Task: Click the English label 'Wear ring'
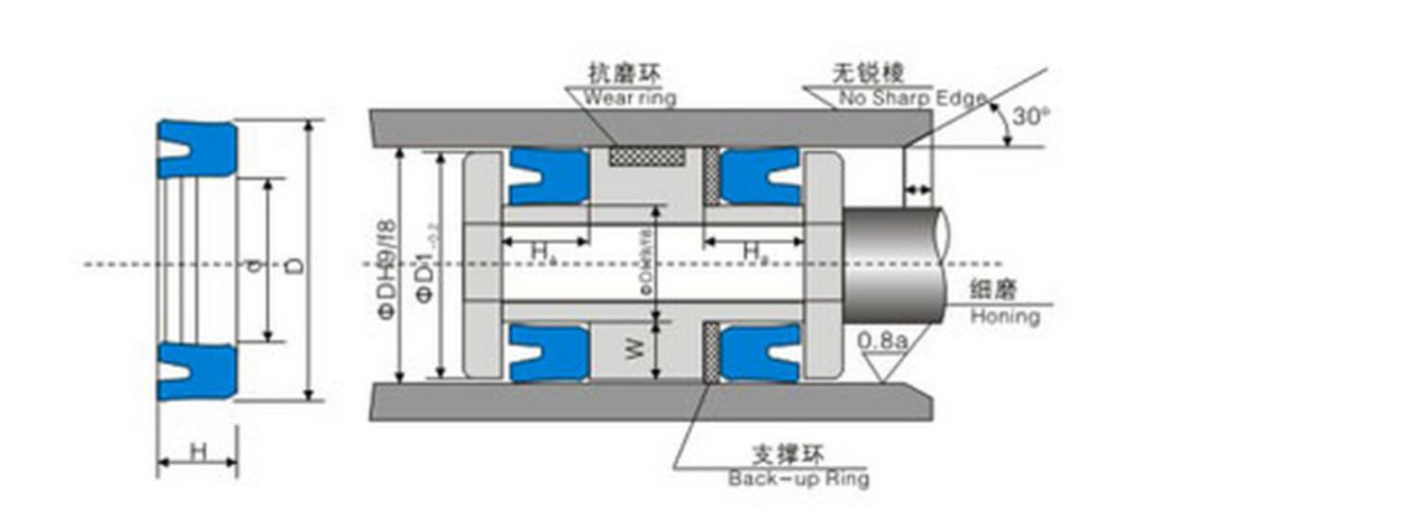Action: pos(630,96)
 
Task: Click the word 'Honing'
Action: pos(1005,317)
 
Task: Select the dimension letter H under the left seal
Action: pos(198,452)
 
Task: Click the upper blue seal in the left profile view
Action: pos(197,148)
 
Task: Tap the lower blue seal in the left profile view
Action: pos(197,371)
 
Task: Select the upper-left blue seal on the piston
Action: pos(549,177)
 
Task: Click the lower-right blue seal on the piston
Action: pos(761,352)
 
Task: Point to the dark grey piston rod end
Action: pos(894,264)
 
